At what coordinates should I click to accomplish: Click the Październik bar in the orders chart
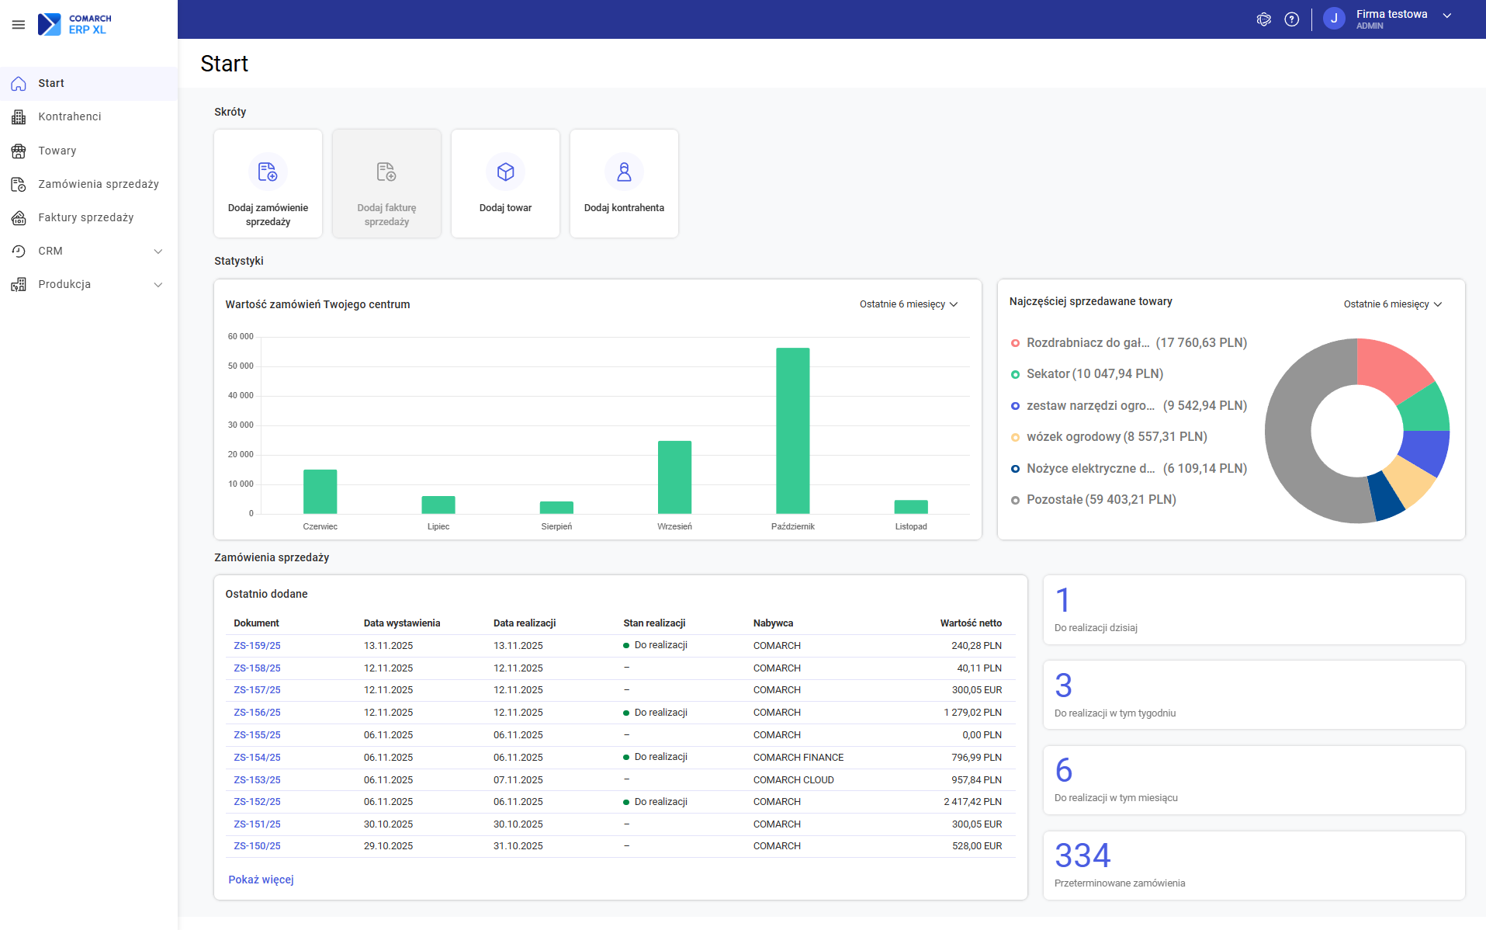tap(792, 431)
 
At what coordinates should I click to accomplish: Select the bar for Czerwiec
tap(320, 491)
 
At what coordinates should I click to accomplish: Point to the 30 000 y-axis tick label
tap(241, 425)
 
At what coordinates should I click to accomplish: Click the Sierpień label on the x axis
tap(556, 526)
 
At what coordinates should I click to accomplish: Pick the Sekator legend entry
tap(1094, 374)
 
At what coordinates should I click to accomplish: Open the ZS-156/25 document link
tap(257, 713)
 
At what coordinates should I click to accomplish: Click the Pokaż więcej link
tap(261, 880)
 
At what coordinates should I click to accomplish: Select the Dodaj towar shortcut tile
tap(505, 183)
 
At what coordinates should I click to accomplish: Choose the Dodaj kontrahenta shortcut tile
tap(624, 183)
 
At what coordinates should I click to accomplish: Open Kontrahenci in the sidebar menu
tap(70, 116)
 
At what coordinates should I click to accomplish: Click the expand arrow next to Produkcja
tap(158, 285)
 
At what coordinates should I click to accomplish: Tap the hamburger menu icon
tap(19, 25)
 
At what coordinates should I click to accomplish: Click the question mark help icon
tap(1292, 19)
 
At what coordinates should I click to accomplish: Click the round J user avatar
tap(1334, 19)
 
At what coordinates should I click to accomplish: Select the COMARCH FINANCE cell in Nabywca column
tap(798, 758)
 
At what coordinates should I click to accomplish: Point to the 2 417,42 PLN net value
tap(972, 802)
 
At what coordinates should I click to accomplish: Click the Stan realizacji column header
tap(654, 623)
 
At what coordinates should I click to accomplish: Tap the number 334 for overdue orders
tap(1082, 855)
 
